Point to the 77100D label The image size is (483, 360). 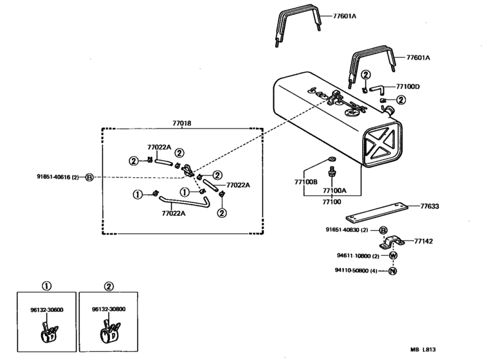coord(408,86)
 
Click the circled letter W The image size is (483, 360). coord(393,255)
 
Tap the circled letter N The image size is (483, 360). coord(393,271)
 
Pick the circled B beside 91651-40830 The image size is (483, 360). coord(383,230)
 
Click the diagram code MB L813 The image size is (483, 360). coord(424,350)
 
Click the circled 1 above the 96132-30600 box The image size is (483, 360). coord(47,285)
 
